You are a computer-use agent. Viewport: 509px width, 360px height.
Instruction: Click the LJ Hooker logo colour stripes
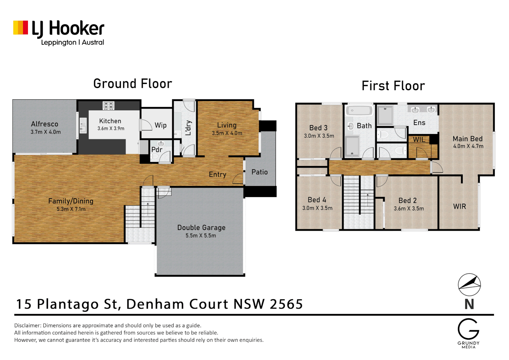pyautogui.click(x=21, y=28)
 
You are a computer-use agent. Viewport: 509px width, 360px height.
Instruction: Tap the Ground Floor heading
pyautogui.click(x=133, y=83)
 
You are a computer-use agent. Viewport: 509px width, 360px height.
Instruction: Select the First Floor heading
pyautogui.click(x=393, y=86)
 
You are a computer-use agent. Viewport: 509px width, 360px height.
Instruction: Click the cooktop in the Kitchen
pyautogui.click(x=108, y=106)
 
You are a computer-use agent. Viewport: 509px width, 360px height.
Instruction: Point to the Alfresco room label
pyautogui.click(x=45, y=124)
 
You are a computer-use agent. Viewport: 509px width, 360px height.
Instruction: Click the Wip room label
pyautogui.click(x=161, y=125)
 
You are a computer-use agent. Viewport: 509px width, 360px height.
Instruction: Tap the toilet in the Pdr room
pyautogui.click(x=155, y=156)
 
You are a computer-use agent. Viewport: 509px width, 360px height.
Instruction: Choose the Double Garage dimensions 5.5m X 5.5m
pyautogui.click(x=201, y=236)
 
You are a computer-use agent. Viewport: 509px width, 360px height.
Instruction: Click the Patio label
pyautogui.click(x=259, y=172)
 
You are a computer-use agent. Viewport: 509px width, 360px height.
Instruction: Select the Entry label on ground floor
pyautogui.click(x=218, y=174)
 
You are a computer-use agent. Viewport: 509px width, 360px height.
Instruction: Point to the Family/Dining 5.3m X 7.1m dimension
pyautogui.click(x=71, y=209)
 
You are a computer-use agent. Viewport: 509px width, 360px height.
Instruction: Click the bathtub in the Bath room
pyautogui.click(x=359, y=111)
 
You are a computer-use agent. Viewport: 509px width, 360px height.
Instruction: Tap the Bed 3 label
pyautogui.click(x=318, y=128)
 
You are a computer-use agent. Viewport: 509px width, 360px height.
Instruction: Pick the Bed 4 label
pyautogui.click(x=317, y=200)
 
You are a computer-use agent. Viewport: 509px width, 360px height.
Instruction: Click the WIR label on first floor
pyautogui.click(x=459, y=206)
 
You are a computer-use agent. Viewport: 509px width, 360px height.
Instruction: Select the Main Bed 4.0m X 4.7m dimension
pyautogui.click(x=468, y=146)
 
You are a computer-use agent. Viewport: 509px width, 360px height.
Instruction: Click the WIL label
pyautogui.click(x=419, y=139)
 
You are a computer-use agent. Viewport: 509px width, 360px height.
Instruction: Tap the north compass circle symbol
pyautogui.click(x=469, y=284)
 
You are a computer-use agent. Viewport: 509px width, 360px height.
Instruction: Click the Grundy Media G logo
pyautogui.click(x=468, y=329)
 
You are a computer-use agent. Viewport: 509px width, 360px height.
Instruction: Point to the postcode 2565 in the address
pyautogui.click(x=286, y=304)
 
